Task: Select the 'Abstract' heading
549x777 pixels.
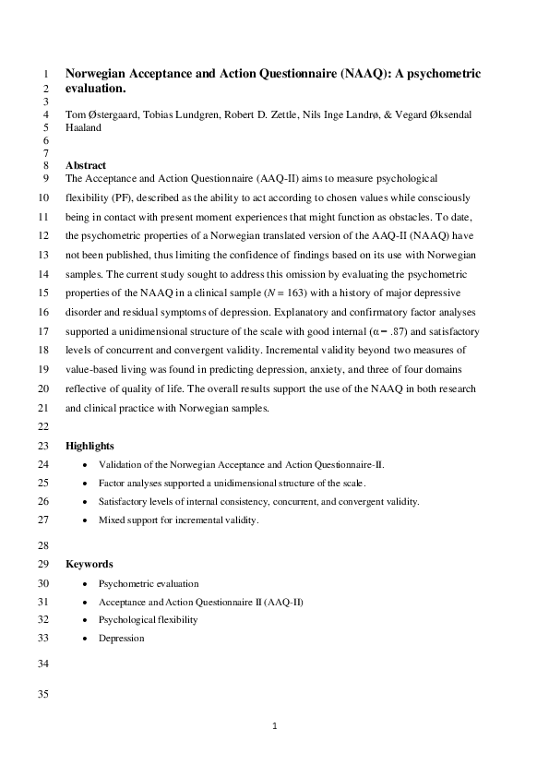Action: coord(86,165)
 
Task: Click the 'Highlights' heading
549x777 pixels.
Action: coord(90,446)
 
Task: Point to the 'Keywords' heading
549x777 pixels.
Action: coord(89,564)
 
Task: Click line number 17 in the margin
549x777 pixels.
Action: coord(42,330)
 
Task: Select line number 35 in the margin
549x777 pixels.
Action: coord(42,695)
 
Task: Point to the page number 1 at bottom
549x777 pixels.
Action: coord(275,726)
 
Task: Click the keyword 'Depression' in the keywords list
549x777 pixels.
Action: coord(121,638)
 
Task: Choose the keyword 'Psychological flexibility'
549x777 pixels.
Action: coord(148,619)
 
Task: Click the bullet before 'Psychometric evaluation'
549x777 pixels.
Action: coord(86,584)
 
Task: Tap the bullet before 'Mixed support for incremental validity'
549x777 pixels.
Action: coord(86,520)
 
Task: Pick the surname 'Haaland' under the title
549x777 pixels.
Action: coord(83,128)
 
